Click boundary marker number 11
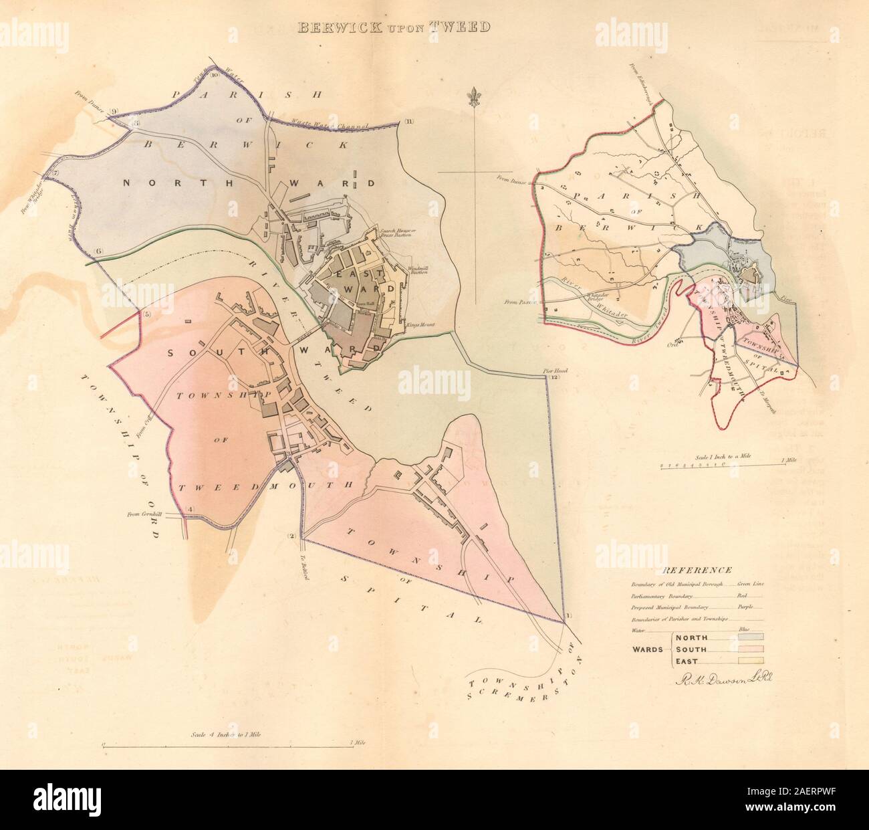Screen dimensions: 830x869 click(409, 122)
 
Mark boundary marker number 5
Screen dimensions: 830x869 click(146, 315)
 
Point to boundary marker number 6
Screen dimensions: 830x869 click(99, 251)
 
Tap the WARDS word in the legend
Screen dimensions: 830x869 click(648, 649)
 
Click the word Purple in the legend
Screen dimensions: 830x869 click(745, 607)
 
